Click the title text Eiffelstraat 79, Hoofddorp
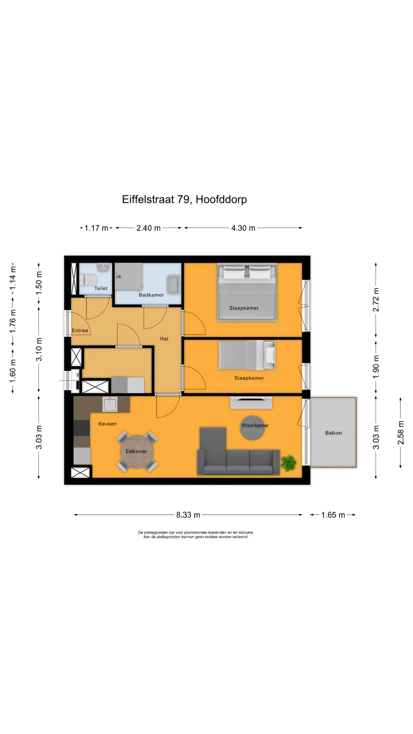pos(184,199)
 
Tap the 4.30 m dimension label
pos(243,228)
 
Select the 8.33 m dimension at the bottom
pos(188,515)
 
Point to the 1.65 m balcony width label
pos(333,515)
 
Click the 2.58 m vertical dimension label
pos(400,432)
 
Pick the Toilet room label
pos(101,288)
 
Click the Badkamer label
pos(151,295)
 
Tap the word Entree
pos(80,330)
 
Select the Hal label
pos(164,339)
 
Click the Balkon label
pos(333,433)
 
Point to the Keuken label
pos(107,424)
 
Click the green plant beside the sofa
pos(289,463)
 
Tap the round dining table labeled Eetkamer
pos(137,451)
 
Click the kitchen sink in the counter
pos(110,404)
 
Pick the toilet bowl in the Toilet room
pos(88,280)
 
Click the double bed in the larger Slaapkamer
pos(247,292)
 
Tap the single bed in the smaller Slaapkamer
pos(247,355)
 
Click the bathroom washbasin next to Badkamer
pos(174,285)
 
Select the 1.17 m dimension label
pos(96,228)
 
